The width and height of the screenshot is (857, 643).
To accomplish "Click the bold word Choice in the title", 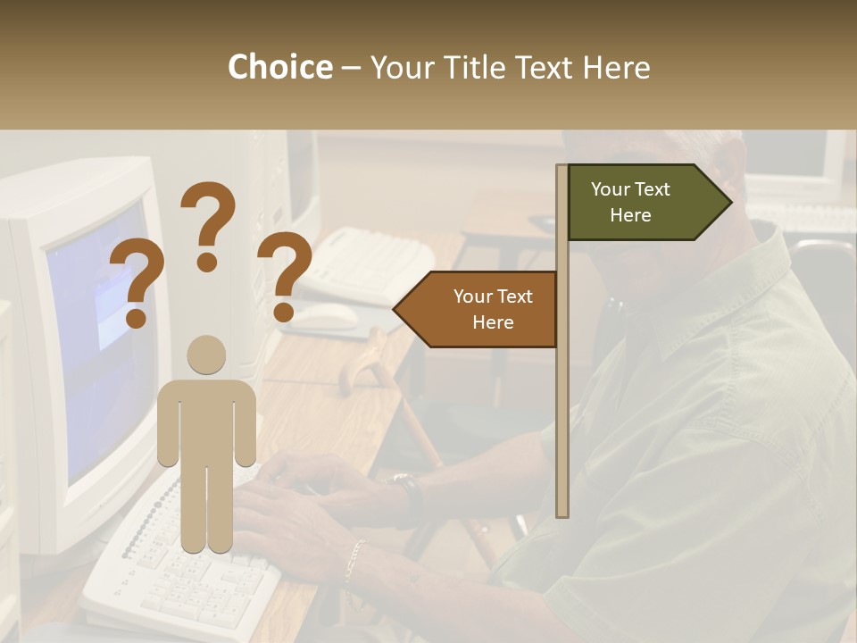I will pos(279,68).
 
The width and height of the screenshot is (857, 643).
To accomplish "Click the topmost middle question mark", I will pos(208,223).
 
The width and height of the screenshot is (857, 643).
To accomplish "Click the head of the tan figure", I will pos(206,355).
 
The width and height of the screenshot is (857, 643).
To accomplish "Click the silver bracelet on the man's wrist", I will pos(355,558).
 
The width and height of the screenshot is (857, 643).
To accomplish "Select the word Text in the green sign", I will pos(653,189).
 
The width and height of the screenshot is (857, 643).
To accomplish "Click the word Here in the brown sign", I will pos(493,322).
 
